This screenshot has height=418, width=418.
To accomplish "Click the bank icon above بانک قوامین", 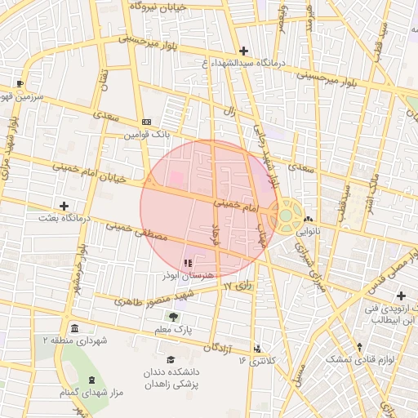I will click(x=146, y=121).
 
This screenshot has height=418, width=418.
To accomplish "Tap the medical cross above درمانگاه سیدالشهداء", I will click(x=243, y=51).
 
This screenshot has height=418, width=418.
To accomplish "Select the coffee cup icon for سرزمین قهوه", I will click(x=20, y=83).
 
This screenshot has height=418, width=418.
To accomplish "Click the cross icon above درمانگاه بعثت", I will click(x=64, y=205).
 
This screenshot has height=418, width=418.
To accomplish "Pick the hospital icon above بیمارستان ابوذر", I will click(x=189, y=263).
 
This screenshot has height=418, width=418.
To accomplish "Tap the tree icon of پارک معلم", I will click(x=172, y=317).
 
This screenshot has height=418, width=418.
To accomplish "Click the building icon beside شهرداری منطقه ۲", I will click(x=74, y=329).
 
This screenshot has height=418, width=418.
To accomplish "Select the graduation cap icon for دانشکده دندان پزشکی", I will click(x=171, y=359).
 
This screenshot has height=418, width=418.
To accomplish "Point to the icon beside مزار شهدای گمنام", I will click(x=90, y=381).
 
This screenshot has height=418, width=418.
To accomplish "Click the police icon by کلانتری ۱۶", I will click(x=258, y=348).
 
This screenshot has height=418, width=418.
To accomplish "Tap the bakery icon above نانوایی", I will click(x=308, y=219).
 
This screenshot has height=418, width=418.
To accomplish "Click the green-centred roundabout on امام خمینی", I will click(x=287, y=216).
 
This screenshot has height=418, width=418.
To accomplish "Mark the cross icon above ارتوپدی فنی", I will click(x=400, y=296).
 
